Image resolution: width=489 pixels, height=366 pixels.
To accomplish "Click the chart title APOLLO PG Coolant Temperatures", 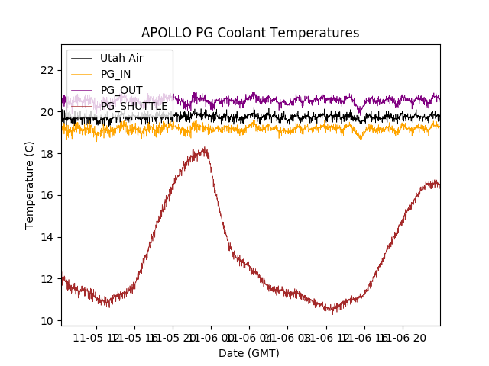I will pos(250,33).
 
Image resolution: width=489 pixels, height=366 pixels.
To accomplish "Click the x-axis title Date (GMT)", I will pos(249,353).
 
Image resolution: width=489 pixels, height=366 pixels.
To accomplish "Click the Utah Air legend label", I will pos(121,58).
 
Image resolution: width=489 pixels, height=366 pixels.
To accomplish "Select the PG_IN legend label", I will pos(116,74).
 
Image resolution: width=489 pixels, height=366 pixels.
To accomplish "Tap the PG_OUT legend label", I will pos(121,90).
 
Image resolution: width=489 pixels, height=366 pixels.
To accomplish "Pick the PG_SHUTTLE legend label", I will pos(134,106).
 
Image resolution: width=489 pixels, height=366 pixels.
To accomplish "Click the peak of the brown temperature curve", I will pos(204,149).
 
